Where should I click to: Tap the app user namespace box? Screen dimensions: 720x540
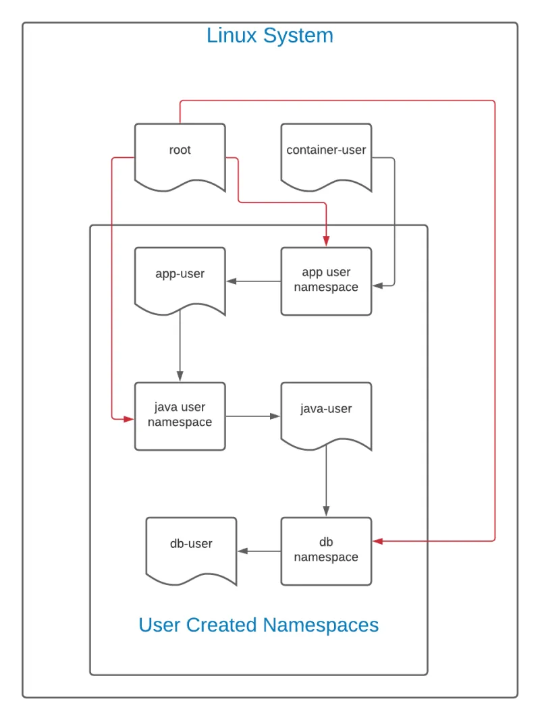coord(326,281)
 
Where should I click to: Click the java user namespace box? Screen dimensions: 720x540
coord(180,416)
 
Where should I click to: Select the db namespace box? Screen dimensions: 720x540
coord(326,551)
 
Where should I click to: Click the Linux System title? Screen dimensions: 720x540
coord(270,35)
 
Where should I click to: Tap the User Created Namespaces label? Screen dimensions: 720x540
coord(259,625)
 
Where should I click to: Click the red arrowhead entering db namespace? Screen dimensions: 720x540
coord(378,541)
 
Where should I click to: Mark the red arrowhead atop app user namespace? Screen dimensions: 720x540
coord(326,242)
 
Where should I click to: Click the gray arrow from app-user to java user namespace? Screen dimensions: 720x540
coord(180,348)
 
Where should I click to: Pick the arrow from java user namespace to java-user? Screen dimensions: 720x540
coord(252,416)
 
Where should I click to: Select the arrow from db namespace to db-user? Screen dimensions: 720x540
coord(259,551)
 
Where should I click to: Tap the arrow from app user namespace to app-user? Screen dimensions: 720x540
coord(253,281)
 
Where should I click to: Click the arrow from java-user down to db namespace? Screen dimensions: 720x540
coord(326,482)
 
